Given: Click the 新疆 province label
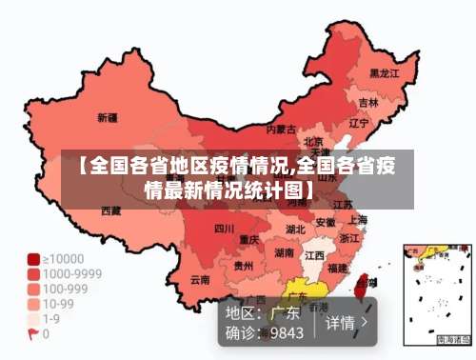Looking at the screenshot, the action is click(x=107, y=118).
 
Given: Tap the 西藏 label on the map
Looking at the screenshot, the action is click(x=111, y=210).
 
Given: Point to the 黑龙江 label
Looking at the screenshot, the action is click(x=385, y=72).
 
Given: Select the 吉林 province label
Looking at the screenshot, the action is click(x=368, y=102).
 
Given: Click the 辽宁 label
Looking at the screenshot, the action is click(x=358, y=123).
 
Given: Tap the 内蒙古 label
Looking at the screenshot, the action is click(x=281, y=129).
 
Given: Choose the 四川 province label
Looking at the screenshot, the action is click(x=224, y=228).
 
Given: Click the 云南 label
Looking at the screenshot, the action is click(x=200, y=279).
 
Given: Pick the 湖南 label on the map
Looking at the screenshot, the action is click(x=284, y=253).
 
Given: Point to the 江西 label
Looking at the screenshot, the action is click(x=314, y=255).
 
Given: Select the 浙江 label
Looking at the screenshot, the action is click(x=350, y=238).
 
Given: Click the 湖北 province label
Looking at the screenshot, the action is click(x=296, y=229).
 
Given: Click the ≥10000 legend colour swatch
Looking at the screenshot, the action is click(x=32, y=258).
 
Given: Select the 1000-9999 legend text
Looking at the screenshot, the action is click(x=69, y=273).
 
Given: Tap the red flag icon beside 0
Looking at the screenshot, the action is click(x=32, y=334).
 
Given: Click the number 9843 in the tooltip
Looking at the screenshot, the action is click(x=287, y=332).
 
